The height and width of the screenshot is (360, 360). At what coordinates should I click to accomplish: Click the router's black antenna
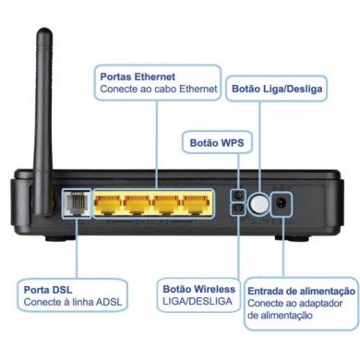tap(44, 102)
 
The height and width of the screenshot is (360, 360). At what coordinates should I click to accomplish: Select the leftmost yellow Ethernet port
tap(108, 204)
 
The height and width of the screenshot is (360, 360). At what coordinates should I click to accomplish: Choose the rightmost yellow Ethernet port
tap(197, 204)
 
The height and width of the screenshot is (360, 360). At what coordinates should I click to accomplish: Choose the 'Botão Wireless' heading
tap(198, 289)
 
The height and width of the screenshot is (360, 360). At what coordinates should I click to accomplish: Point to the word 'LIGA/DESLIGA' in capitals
tap(198, 303)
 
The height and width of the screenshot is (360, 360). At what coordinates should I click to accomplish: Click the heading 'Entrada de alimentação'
tap(302, 289)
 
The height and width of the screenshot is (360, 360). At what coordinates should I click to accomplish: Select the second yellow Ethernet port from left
tap(138, 204)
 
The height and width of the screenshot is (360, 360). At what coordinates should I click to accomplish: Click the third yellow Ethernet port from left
tap(167, 204)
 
